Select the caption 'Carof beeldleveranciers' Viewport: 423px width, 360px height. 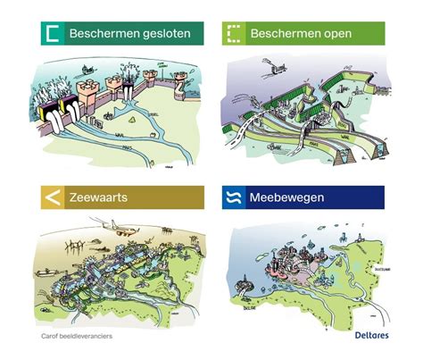coord(80,338)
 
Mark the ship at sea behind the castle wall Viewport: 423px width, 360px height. coord(81,69)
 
